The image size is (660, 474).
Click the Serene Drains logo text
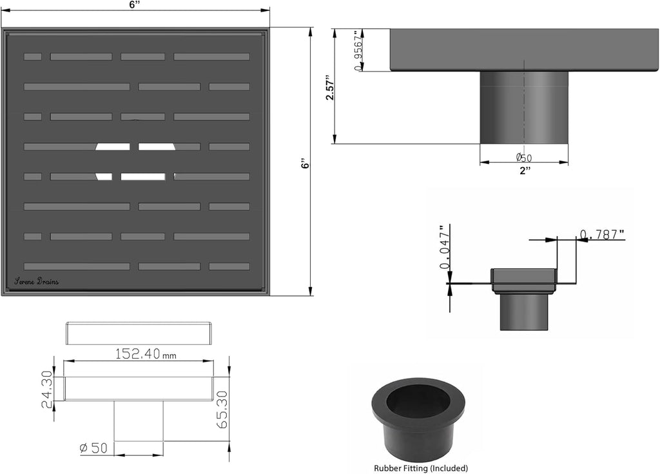(37, 281)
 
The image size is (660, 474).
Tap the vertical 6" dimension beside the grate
(306, 163)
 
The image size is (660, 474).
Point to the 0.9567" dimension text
(358, 50)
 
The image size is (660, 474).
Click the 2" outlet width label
(525, 170)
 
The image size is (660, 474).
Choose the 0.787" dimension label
(601, 234)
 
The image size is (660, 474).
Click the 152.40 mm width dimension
(146, 354)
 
